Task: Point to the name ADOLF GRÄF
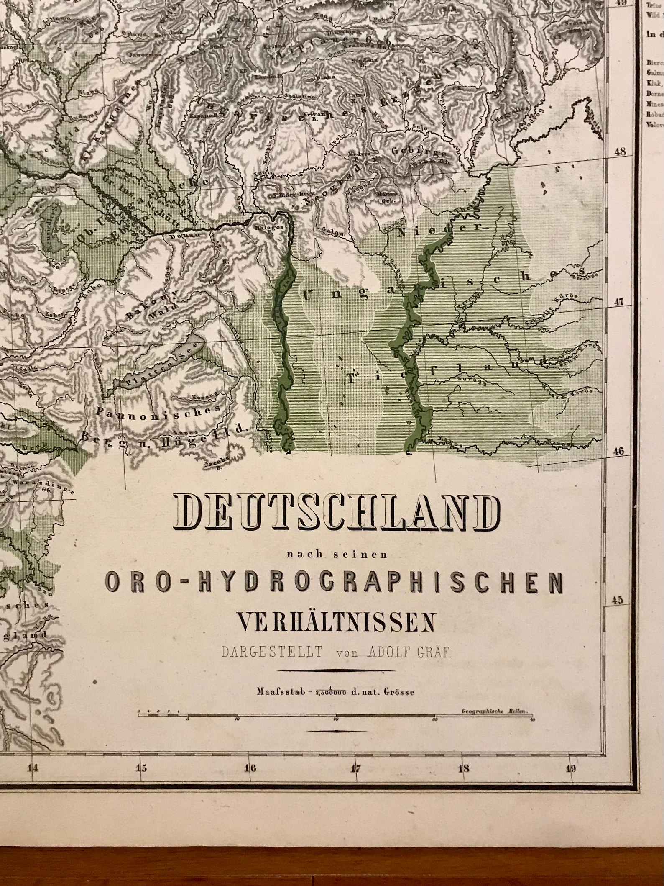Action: (410, 653)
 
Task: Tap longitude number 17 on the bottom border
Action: (355, 768)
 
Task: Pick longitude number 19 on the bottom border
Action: (571, 768)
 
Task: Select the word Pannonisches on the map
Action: (158, 410)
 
